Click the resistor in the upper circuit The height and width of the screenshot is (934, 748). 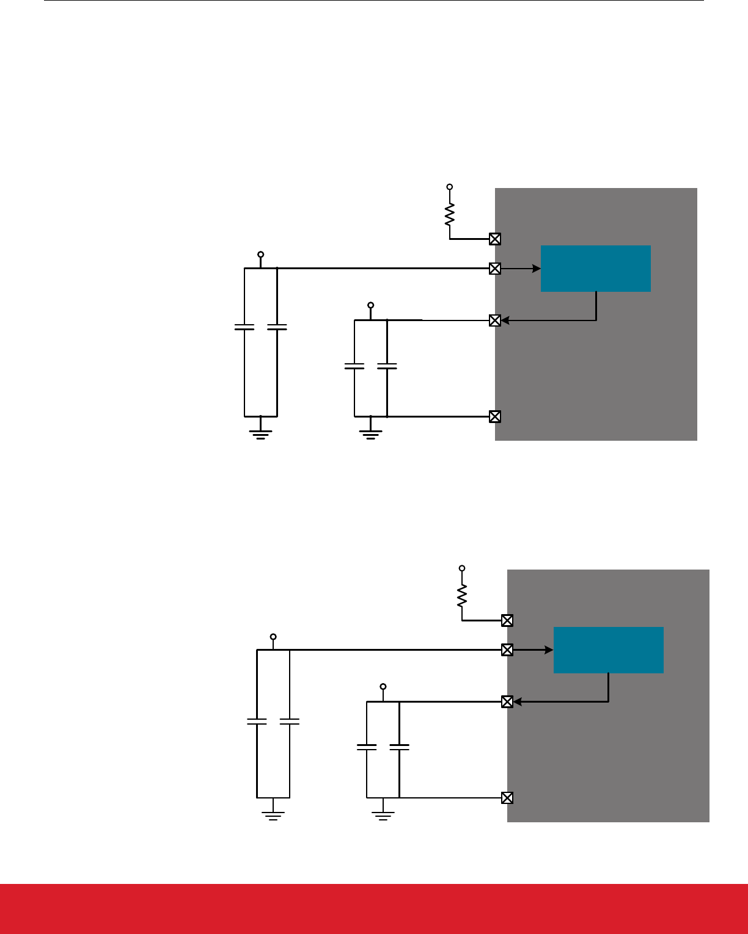pyautogui.click(x=450, y=214)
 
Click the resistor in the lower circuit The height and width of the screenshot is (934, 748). pyautogui.click(x=462, y=596)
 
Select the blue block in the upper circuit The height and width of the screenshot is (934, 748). pyautogui.click(x=596, y=269)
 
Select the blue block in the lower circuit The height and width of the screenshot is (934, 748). pyautogui.click(x=608, y=650)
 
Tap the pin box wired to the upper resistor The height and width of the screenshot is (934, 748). pyautogui.click(x=495, y=239)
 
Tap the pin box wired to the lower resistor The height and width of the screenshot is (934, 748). pyautogui.click(x=507, y=620)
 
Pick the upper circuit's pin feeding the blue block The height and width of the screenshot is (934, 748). pyautogui.click(x=495, y=269)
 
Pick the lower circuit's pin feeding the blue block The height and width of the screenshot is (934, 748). pyautogui.click(x=507, y=650)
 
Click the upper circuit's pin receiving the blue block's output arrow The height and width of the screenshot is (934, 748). pyautogui.click(x=495, y=320)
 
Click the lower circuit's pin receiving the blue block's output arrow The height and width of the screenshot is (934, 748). pyautogui.click(x=507, y=701)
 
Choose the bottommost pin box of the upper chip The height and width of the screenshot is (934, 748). pyautogui.click(x=495, y=416)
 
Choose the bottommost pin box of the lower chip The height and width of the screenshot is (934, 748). pyautogui.click(x=507, y=797)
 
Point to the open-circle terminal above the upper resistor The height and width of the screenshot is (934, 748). pyautogui.click(x=450, y=187)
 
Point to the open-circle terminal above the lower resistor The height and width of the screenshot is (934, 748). pyautogui.click(x=462, y=568)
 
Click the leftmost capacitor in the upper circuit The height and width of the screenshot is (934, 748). pyautogui.click(x=244, y=328)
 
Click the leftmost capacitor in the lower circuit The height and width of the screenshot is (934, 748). pyautogui.click(x=257, y=722)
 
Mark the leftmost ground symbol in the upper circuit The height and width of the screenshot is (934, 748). pyautogui.click(x=261, y=435)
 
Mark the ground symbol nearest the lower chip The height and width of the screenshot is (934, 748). pyautogui.click(x=383, y=816)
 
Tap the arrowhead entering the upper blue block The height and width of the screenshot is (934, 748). pyautogui.click(x=537, y=269)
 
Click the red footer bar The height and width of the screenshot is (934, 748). pyautogui.click(x=374, y=908)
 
